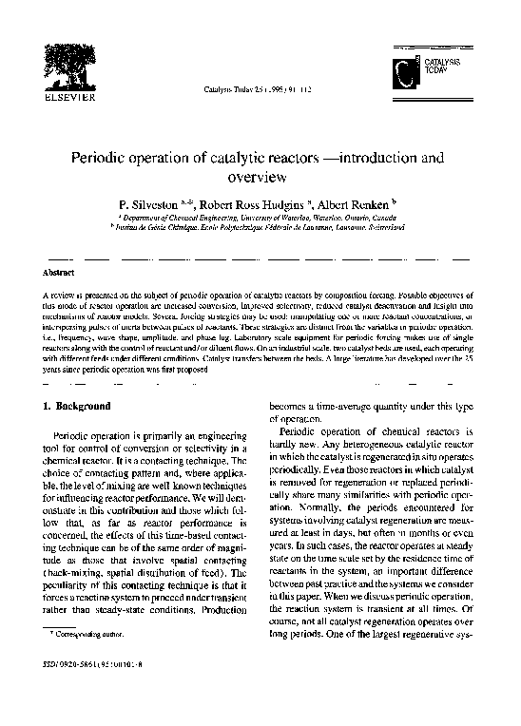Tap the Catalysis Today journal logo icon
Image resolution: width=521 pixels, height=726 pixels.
(407, 71)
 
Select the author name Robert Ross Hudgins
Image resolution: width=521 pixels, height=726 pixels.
(258, 204)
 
